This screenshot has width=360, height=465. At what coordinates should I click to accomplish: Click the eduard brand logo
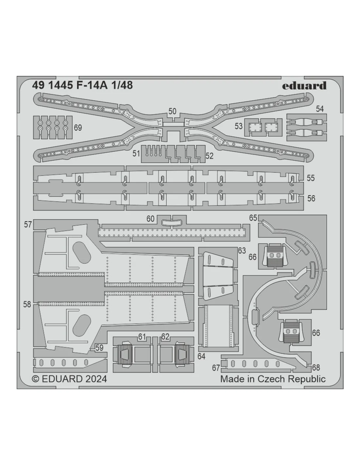(304, 86)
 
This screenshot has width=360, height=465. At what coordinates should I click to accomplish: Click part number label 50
(172, 112)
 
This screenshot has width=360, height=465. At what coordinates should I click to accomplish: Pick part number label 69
(78, 128)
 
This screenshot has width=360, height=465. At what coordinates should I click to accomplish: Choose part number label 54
(320, 109)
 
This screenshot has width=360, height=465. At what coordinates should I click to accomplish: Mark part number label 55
(311, 178)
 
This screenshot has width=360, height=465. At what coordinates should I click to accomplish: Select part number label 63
(242, 250)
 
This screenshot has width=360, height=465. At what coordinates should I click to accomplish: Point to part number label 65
(253, 218)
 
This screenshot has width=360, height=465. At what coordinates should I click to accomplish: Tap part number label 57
(28, 225)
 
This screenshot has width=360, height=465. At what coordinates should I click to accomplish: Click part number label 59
(99, 348)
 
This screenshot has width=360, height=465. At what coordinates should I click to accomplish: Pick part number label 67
(216, 368)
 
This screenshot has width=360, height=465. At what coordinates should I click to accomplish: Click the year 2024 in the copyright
(96, 379)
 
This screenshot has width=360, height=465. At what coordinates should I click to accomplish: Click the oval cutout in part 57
(81, 252)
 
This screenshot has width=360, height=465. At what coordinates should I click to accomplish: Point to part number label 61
(142, 336)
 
